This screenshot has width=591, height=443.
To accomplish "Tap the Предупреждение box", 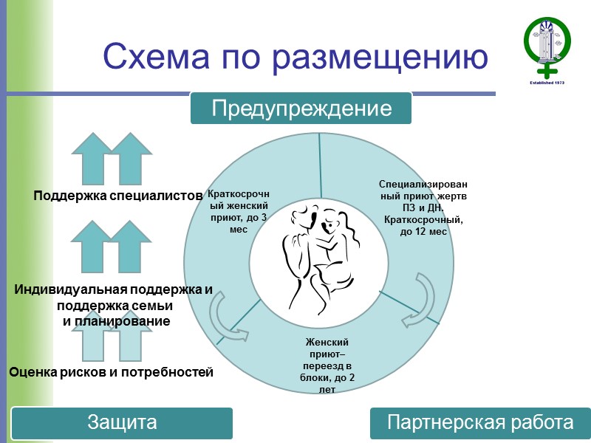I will [x=301, y=109].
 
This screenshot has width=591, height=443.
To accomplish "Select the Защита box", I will [x=122, y=423].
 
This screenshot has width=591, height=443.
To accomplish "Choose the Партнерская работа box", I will [x=480, y=423].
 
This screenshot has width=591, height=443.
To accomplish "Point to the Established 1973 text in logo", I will [x=548, y=83].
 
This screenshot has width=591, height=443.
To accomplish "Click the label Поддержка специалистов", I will [x=117, y=196].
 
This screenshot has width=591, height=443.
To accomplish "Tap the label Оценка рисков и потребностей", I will [x=111, y=372].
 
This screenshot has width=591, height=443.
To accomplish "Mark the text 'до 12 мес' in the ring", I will [x=423, y=232].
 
